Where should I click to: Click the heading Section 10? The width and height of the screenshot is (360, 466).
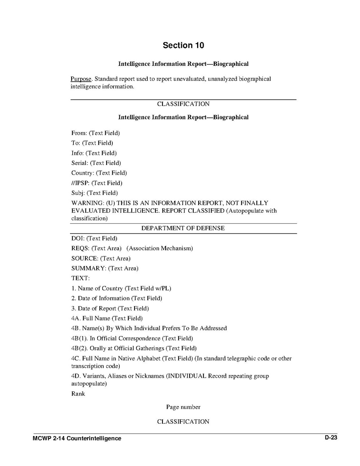(183, 45)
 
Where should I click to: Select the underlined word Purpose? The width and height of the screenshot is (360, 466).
(80, 79)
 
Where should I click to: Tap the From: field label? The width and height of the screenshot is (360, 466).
(79, 133)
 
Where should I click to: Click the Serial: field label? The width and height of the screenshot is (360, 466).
(80, 163)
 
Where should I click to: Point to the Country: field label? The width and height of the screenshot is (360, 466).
(83, 173)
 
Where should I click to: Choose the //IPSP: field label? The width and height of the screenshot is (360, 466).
(81, 183)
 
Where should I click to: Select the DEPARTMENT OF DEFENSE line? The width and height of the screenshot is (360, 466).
(183, 228)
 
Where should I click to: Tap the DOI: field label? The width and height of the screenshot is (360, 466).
(78, 238)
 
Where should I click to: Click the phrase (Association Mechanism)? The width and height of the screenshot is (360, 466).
(160, 248)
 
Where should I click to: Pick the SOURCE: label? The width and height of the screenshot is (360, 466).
(85, 258)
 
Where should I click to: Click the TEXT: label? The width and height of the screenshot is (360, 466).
(80, 279)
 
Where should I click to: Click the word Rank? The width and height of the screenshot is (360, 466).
(78, 394)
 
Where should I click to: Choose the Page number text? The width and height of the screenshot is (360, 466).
(183, 407)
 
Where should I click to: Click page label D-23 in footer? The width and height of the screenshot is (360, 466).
(331, 438)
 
